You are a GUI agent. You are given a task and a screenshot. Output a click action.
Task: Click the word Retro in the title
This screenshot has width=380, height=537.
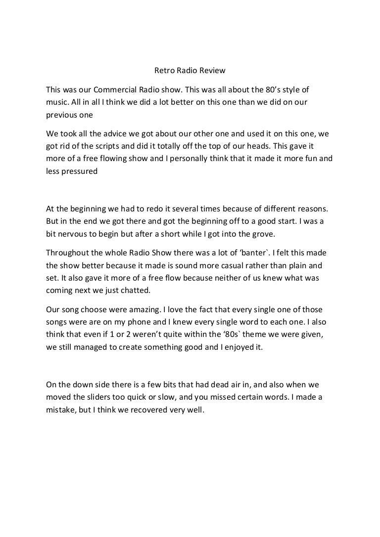[164, 70]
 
